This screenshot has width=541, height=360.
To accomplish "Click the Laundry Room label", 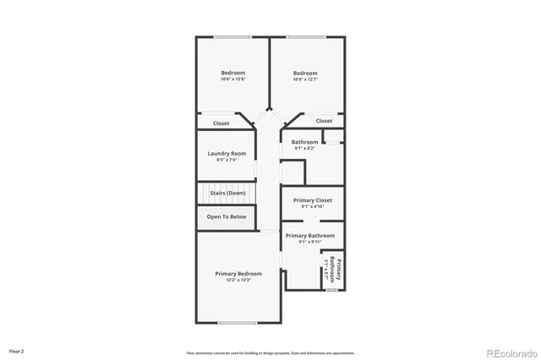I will coord(227,153).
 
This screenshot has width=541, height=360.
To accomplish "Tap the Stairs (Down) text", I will coord(227,193).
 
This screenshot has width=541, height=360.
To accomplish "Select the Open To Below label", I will coord(227,216).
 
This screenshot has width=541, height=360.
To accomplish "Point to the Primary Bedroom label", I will coord(238,274).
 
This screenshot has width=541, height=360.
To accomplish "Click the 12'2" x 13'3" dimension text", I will coord(238,281).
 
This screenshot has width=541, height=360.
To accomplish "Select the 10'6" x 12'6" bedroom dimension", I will coord(233,79).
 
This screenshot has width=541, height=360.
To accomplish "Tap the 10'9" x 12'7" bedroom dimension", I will coord(305,79).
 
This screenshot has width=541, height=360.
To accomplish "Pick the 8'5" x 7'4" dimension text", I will coord(227,160).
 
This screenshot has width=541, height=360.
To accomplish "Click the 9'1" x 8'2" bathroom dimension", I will coord(305,148).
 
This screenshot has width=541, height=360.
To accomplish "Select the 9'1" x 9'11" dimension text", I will coord(309,242).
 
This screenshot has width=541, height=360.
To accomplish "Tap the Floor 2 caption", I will coord(17,350).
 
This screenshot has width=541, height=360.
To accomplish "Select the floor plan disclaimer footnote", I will coord(270,353).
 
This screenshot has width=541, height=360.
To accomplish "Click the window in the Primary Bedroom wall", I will coord(238,323).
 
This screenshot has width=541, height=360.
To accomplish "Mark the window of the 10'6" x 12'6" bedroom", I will coord(232,36).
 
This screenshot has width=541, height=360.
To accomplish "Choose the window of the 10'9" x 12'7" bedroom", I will coord(306,36).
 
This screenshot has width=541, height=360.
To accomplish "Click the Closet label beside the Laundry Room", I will coord(221,123).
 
